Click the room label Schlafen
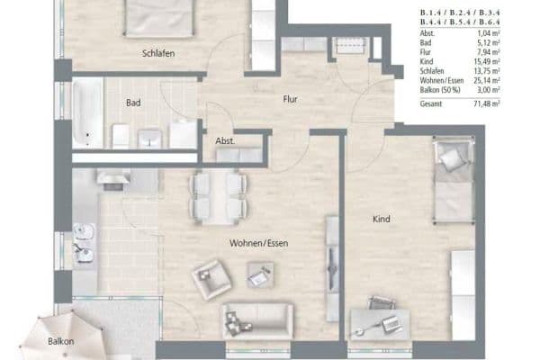(157, 54)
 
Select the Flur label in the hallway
(290, 100)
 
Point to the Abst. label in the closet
(224, 141)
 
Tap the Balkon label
(62, 342)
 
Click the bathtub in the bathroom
(87, 113)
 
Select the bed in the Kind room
(454, 182)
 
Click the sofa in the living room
(257, 319)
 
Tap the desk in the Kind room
(379, 319)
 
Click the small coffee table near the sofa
(259, 276)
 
